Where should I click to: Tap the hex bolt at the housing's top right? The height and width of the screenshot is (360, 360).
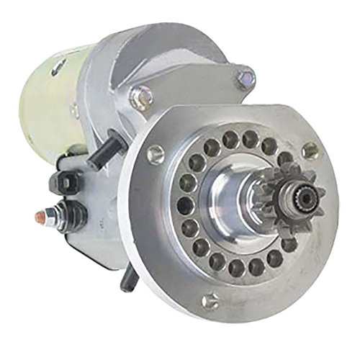click(246, 76)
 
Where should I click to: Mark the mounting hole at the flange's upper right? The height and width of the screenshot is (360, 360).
click(310, 150)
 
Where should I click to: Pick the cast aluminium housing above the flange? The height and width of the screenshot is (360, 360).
click(180, 65)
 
